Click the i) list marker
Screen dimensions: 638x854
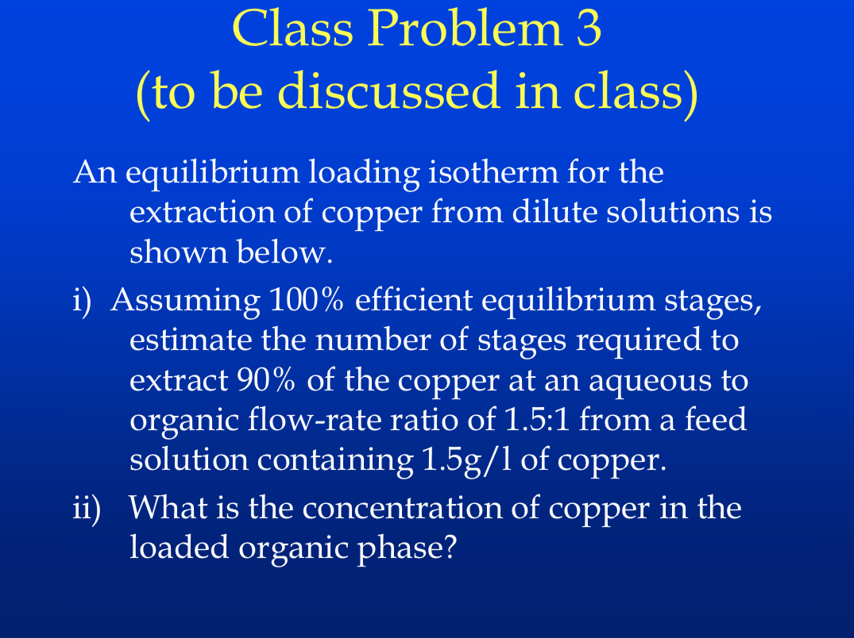coord(79,302)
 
